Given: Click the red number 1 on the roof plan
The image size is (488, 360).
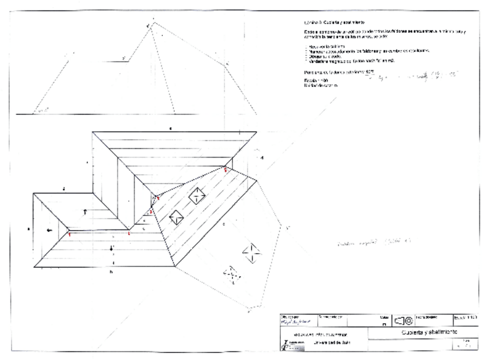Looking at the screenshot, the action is [69, 234].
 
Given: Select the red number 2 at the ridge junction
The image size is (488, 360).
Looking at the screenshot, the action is [129, 233].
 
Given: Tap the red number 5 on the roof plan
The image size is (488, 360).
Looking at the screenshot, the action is [225, 169].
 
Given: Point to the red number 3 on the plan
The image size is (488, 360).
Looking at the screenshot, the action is [151, 212].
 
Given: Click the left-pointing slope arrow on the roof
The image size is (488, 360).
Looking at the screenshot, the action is [50, 230].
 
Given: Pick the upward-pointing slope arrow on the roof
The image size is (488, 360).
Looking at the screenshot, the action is [86, 211].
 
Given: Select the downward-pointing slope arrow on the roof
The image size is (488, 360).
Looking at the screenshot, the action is [112, 248].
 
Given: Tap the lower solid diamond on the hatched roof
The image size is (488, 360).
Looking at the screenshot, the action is [176, 217].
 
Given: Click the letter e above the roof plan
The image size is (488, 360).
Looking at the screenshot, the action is [170, 128].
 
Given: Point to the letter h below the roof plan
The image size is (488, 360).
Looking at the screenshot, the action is [110, 271].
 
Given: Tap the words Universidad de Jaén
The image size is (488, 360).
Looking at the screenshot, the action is [331, 343].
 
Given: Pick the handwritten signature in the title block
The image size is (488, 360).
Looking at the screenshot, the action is [293, 323].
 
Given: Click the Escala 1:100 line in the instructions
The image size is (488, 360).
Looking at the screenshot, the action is [311, 80].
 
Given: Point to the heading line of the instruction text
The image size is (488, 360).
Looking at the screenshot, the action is [328, 21].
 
